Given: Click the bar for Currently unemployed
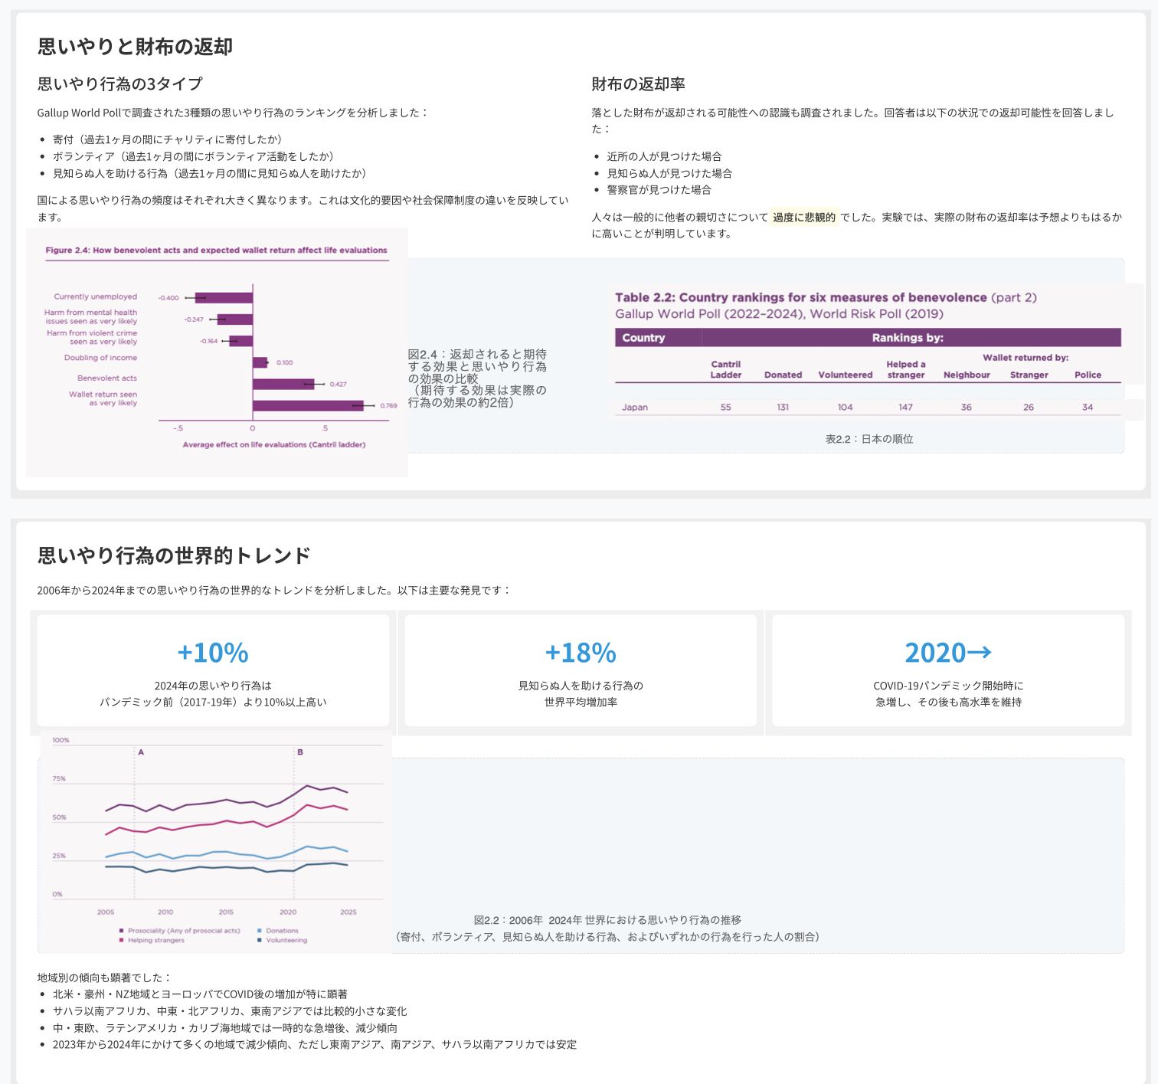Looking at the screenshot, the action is [x=224, y=297].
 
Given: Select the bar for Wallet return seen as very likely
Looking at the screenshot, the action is [x=308, y=405].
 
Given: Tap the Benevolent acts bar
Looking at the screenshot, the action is [x=283, y=384].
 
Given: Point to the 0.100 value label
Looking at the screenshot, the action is [x=285, y=362].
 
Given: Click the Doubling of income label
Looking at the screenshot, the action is [x=100, y=358].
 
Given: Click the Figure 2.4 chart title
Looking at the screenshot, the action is [x=216, y=251].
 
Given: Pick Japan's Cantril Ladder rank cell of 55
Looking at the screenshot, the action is [x=725, y=408].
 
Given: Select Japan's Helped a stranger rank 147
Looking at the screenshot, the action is [x=905, y=408].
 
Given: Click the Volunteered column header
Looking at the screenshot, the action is [x=845, y=375].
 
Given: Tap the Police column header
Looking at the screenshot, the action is [x=1088, y=375].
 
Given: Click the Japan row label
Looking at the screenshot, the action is [x=634, y=408].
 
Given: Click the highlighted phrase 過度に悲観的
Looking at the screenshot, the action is [x=804, y=218].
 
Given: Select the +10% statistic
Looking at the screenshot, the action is [x=213, y=652].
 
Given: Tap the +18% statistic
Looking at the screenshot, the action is [x=581, y=652].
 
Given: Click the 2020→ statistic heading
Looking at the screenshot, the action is [x=948, y=652].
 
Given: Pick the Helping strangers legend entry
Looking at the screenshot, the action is [x=152, y=940].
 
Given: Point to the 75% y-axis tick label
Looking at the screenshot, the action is [x=59, y=778].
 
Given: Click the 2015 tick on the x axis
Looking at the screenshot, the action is [x=226, y=912].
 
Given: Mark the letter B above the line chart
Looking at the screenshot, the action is [x=300, y=752].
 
